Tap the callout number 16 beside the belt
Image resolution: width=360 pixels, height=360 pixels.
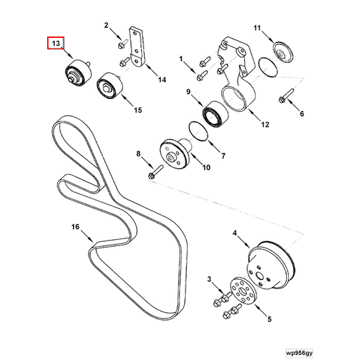[77, 226]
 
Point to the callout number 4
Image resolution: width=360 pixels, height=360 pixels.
[236, 233]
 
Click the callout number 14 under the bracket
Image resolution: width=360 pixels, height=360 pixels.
[161, 80]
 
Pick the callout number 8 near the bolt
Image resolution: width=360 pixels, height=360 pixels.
[139, 153]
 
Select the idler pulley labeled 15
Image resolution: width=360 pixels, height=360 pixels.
[109, 86]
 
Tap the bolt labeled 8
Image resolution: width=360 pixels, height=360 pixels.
[155, 169]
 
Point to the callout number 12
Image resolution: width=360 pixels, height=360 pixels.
[264, 125]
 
